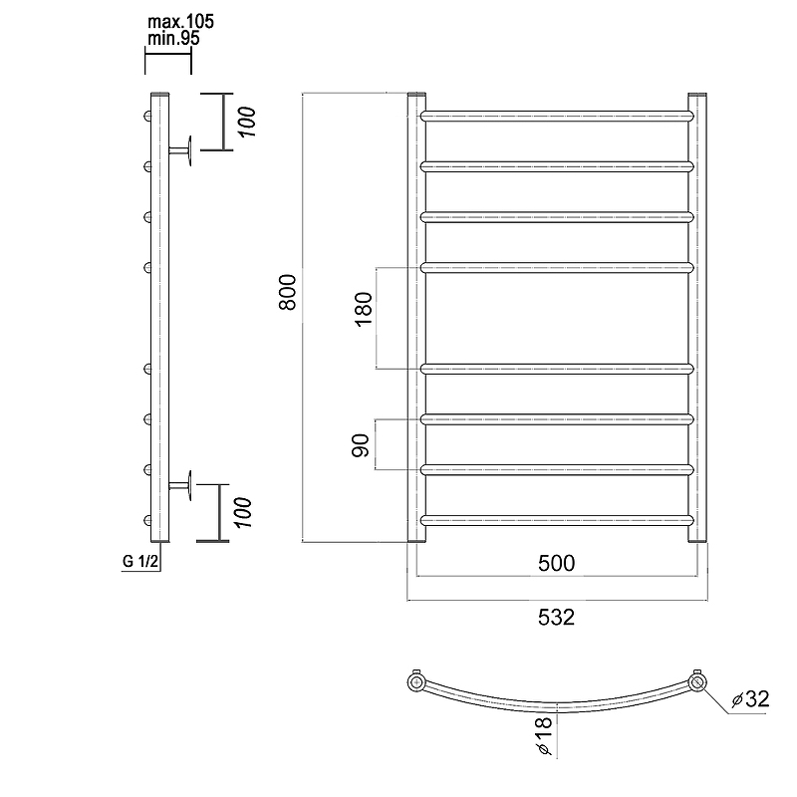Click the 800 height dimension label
point(288,292)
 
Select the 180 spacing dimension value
point(364,310)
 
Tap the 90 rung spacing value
point(361,445)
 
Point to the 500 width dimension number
point(557,563)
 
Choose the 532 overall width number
point(557,617)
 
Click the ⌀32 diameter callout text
point(751,699)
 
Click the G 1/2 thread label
point(140,561)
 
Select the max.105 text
point(180,22)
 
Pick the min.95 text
point(173,38)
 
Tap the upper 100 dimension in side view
point(247,122)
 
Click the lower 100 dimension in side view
point(244,513)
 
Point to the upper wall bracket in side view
point(180,150)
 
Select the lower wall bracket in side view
point(180,485)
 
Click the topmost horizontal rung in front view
point(557,116)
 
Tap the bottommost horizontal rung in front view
point(557,520)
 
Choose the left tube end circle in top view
point(416,681)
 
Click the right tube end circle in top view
point(698,681)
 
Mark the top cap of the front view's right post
point(697,95)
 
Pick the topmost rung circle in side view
point(147,116)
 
